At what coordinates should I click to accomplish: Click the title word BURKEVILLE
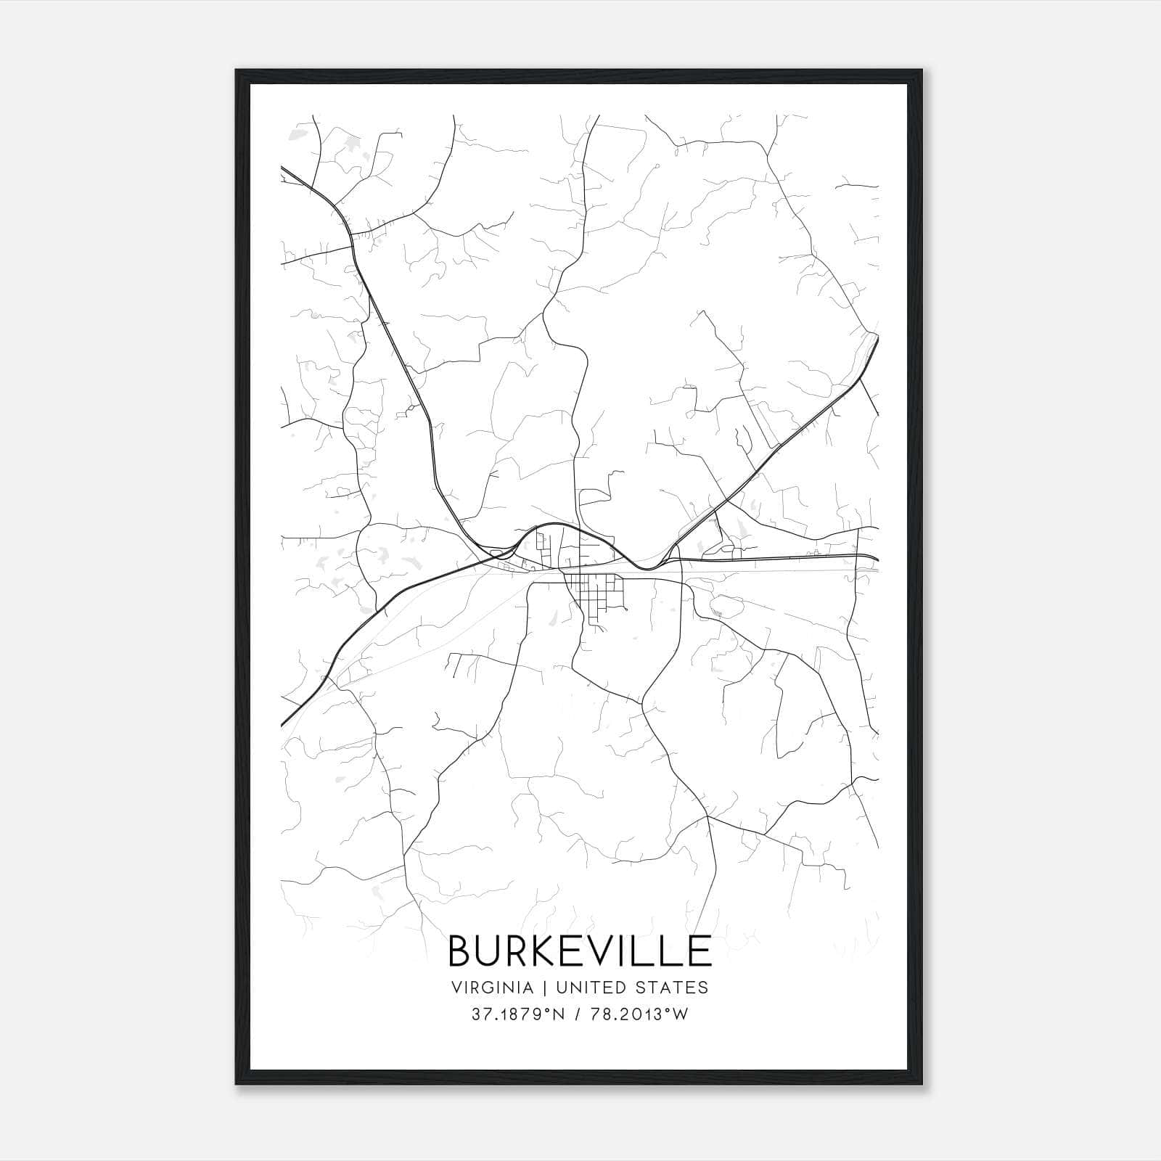pyautogui.click(x=580, y=951)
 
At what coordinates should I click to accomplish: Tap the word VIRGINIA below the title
pyautogui.click(x=493, y=988)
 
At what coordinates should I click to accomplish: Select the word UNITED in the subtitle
pyautogui.click(x=585, y=988)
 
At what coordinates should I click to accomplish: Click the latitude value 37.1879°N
pyautogui.click(x=517, y=1014)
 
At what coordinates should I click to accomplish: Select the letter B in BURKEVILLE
pyautogui.click(x=462, y=951)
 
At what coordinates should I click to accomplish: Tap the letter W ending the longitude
pyautogui.click(x=680, y=1014)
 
